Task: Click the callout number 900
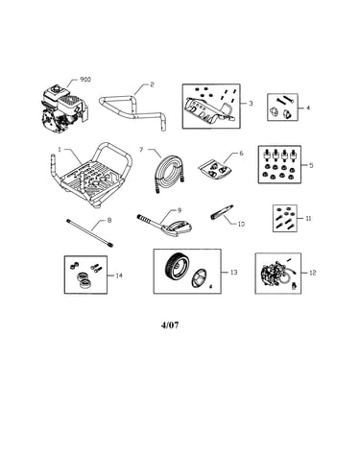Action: [85, 79]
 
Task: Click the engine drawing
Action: [64, 108]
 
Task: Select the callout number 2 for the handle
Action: [152, 84]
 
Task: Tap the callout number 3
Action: [251, 104]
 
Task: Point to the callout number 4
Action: [308, 108]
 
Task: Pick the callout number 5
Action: [311, 165]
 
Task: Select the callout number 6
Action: [241, 154]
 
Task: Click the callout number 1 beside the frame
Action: [60, 150]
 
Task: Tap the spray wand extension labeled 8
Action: [89, 233]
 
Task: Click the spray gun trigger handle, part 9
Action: [165, 226]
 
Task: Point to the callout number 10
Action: [241, 224]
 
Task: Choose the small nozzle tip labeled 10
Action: [222, 212]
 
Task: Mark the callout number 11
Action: [308, 218]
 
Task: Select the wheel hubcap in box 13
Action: [199, 277]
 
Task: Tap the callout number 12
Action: [313, 273]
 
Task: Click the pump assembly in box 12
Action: [271, 275]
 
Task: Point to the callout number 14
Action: [119, 276]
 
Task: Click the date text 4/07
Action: [170, 325]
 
